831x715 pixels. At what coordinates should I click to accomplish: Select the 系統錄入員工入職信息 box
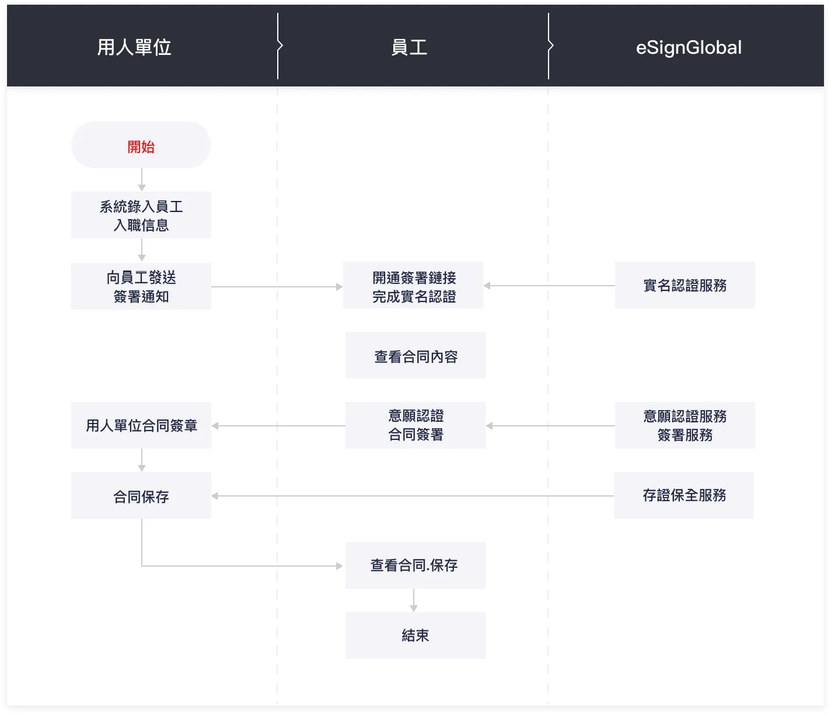coord(141,215)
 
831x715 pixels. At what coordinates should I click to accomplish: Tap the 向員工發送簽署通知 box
coord(141,286)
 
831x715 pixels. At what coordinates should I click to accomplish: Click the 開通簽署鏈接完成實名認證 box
coord(413,286)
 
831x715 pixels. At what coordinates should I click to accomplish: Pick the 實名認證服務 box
coord(685,285)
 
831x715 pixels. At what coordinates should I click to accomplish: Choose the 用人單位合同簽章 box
coord(141,425)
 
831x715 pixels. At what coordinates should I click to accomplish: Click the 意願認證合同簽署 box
coord(415,425)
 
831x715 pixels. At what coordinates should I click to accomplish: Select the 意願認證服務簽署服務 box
coord(685,425)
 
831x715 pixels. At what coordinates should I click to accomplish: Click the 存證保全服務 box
coord(684,495)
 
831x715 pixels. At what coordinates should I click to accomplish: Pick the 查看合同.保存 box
coord(415,565)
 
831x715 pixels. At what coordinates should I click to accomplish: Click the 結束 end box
coord(415,636)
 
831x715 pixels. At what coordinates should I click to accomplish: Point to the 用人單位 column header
coord(134,47)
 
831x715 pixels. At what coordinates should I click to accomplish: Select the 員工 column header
coord(409,47)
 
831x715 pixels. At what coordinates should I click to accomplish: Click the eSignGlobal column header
coord(689,47)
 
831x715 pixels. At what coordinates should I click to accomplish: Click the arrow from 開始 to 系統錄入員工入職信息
coord(142,180)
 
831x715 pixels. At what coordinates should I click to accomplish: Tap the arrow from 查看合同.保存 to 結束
coord(414,601)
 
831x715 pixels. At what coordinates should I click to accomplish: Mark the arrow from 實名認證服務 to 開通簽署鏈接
coord(549,286)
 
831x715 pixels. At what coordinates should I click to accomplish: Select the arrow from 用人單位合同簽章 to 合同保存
coord(142,460)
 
